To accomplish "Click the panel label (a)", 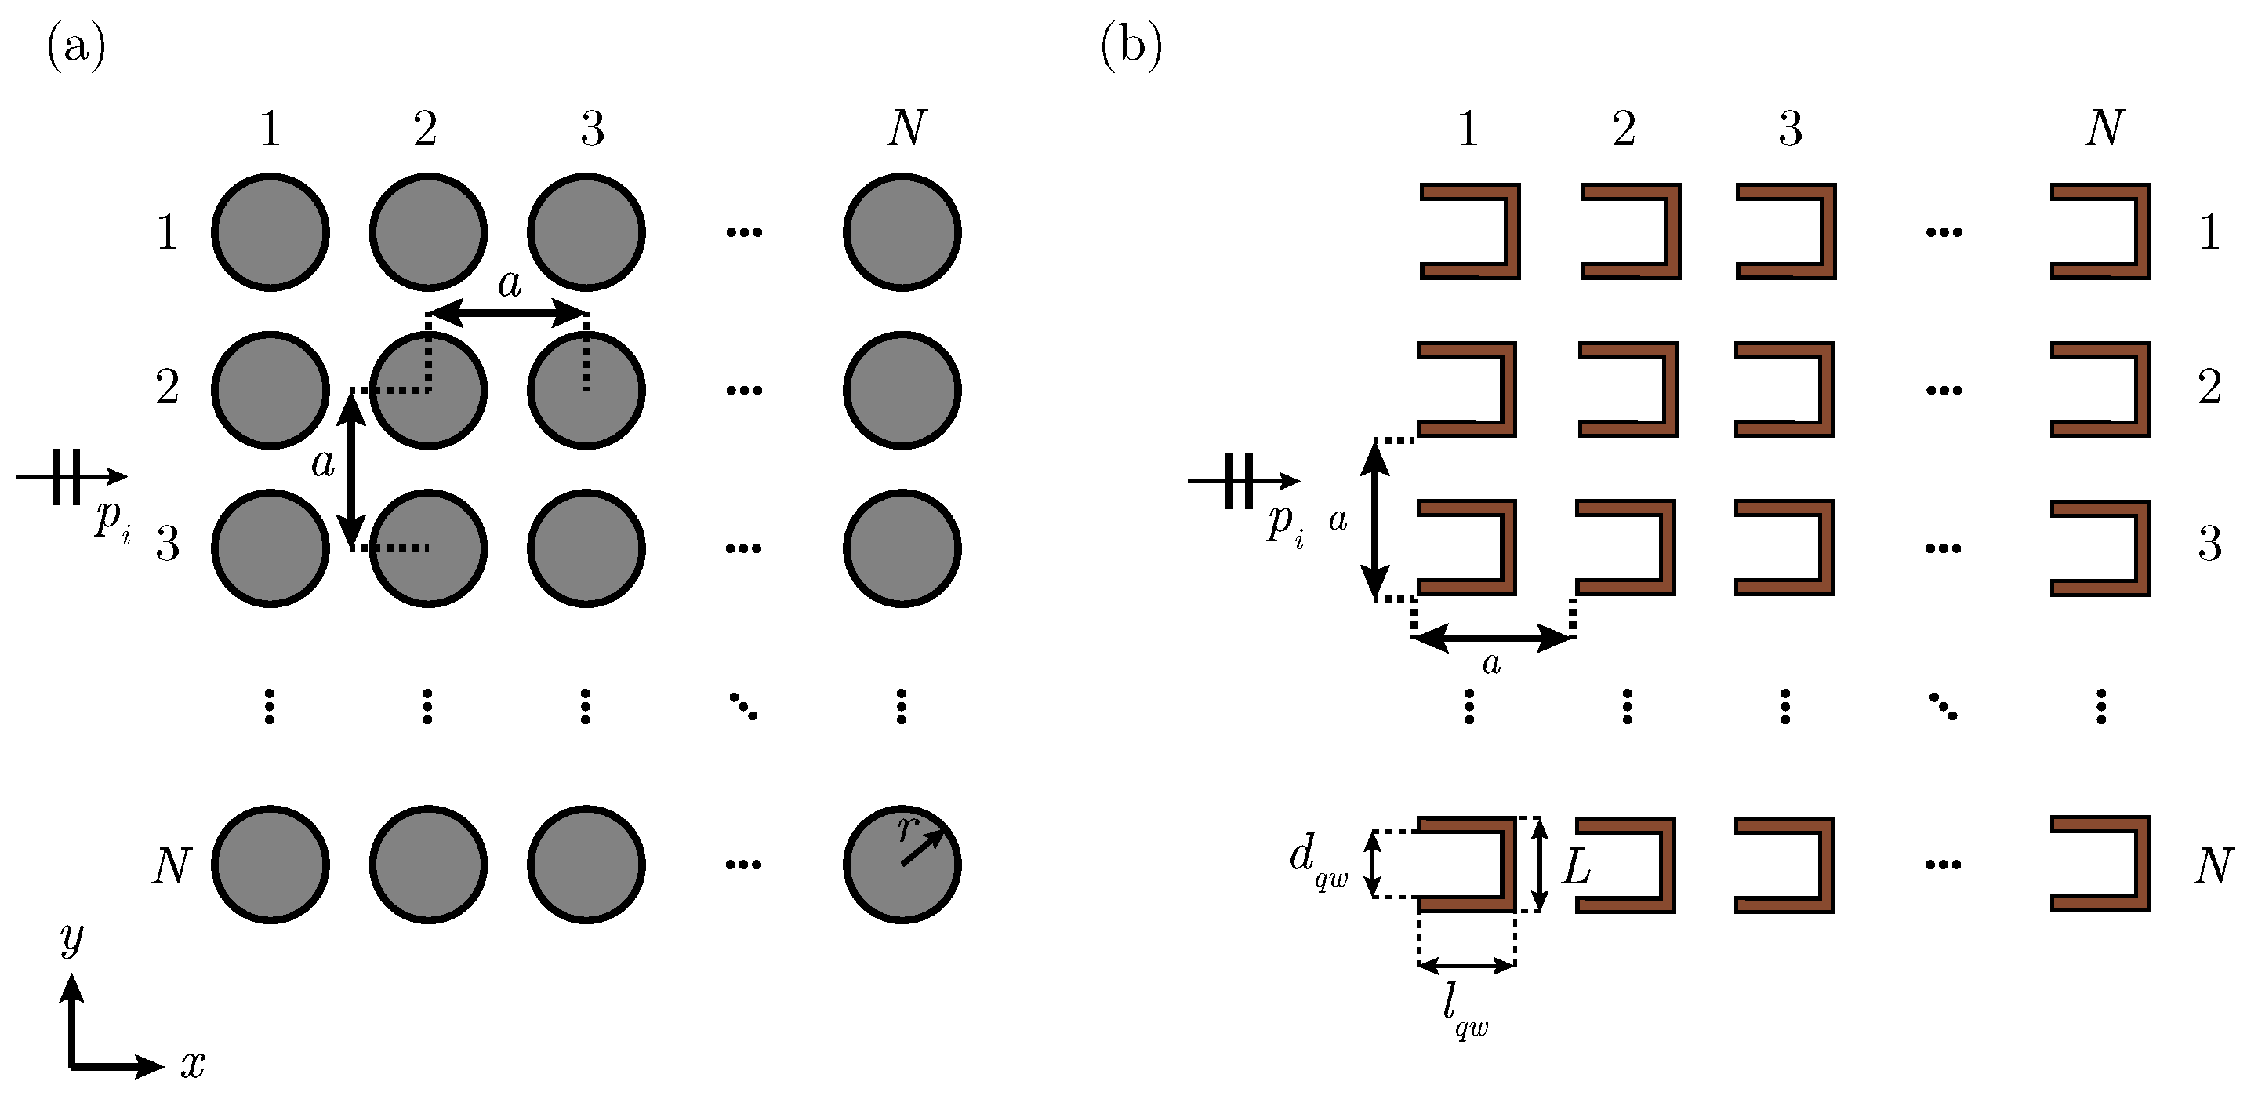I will point(77,46).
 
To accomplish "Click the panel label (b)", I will point(1131,46).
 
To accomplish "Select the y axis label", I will point(71,938).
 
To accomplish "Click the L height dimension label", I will point(1576,866).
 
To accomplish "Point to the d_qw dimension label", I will point(1317,860).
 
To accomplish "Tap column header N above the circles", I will point(906,129).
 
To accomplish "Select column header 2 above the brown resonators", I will point(1624,129).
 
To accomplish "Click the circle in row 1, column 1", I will point(270,232).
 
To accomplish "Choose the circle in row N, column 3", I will point(586,865).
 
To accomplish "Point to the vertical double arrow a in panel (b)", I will point(1376,521).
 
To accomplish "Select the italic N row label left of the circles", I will point(171,866).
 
